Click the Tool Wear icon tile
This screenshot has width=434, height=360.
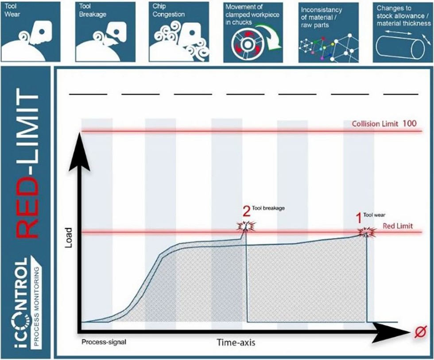(31, 31)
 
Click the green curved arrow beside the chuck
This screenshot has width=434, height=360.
(276, 43)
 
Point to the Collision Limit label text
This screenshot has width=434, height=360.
(376, 124)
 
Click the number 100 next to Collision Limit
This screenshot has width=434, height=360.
(409, 123)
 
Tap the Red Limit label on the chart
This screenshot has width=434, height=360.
(398, 226)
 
